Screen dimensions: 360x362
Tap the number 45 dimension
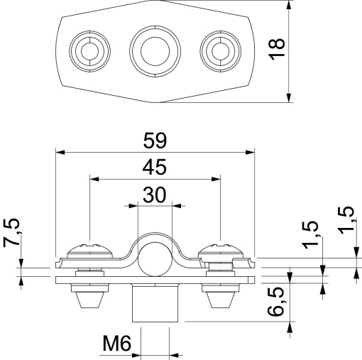point(154,168)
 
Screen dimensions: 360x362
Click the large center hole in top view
point(154,50)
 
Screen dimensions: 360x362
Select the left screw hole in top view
point(89,50)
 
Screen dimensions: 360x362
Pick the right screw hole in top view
point(219,50)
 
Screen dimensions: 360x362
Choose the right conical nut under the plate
point(221,299)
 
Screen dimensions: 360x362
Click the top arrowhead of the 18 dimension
point(290,4)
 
